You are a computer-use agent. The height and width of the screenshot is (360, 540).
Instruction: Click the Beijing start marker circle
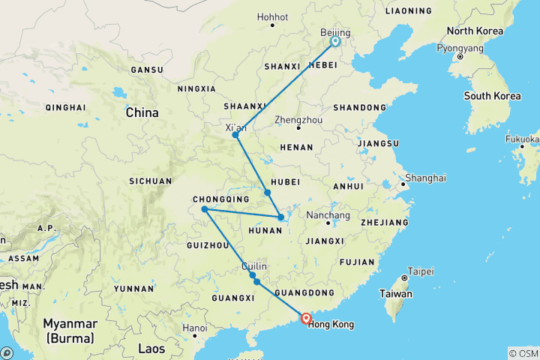tap(335, 42)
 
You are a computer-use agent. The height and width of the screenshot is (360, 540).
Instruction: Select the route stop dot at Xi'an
tap(235, 135)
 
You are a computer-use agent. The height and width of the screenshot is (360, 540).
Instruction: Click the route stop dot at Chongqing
tap(205, 209)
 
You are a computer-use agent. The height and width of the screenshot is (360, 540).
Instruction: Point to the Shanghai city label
tap(425, 178)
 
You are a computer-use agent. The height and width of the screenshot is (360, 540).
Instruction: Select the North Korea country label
tap(475, 31)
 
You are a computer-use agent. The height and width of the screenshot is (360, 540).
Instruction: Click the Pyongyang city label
tap(460, 47)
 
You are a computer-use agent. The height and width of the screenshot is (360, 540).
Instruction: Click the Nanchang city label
tap(328, 216)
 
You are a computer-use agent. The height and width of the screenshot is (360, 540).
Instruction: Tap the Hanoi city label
tap(194, 328)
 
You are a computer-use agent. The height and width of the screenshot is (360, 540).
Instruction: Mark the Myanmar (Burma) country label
tap(70, 331)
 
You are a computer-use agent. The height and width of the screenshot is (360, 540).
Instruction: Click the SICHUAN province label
tap(151, 181)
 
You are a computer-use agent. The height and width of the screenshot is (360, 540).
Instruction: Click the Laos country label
tap(151, 348)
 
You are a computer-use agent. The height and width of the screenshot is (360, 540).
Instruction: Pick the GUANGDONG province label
tap(304, 292)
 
